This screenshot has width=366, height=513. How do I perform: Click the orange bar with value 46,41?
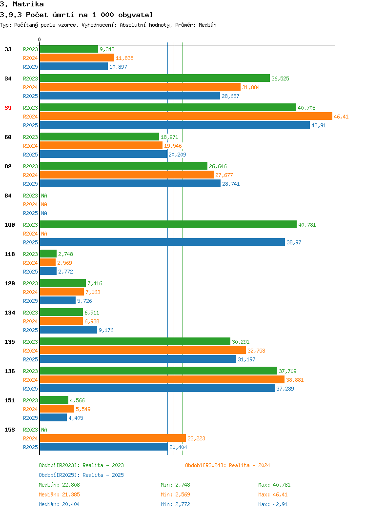(186, 116)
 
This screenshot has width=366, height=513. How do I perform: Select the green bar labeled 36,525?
(155, 78)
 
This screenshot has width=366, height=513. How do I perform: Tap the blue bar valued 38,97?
(163, 242)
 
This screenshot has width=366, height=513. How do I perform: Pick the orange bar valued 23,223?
(113, 438)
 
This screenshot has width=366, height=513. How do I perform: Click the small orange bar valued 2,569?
(48, 262)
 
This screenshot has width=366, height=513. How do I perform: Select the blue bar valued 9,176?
(68, 330)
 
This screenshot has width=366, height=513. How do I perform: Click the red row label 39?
(8, 108)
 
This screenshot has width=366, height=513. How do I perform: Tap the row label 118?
(10, 254)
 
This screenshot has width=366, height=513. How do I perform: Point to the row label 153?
(10, 430)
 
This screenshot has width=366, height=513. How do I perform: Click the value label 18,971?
(169, 137)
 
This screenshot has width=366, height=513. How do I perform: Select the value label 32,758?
(256, 351)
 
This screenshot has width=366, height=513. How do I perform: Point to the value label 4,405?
(76, 418)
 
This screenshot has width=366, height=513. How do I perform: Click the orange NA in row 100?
(44, 234)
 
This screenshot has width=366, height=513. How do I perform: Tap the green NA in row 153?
(44, 430)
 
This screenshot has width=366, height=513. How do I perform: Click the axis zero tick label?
(40, 39)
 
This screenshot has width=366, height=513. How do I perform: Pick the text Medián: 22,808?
(59, 485)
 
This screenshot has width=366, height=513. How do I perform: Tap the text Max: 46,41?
(273, 494)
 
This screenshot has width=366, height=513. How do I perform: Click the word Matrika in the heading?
(28, 4)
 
